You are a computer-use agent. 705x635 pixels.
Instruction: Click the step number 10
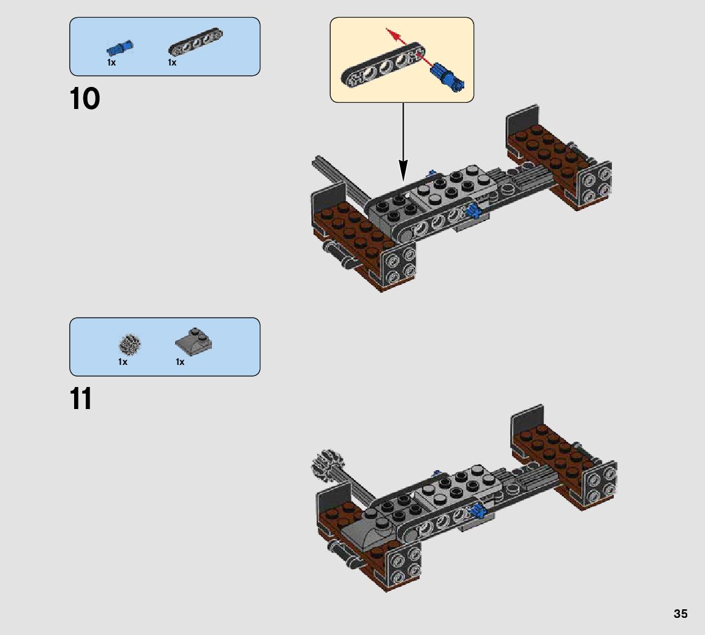pyautogui.click(x=85, y=99)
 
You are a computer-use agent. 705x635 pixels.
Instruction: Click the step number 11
pyautogui.click(x=81, y=399)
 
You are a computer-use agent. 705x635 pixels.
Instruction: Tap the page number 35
pyautogui.click(x=680, y=614)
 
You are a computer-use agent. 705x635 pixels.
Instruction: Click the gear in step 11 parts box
pyautogui.click(x=130, y=345)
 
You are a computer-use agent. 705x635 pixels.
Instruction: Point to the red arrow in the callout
pyautogui.click(x=404, y=43)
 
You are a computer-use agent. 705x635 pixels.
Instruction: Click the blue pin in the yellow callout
pyautogui.click(x=450, y=77)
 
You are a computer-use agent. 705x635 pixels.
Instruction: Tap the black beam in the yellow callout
pyautogui.click(x=380, y=67)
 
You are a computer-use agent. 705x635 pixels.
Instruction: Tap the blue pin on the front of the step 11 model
pyautogui.click(x=477, y=509)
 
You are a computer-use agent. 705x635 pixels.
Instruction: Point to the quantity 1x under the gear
pyautogui.click(x=123, y=362)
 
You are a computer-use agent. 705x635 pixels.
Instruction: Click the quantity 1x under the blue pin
pyautogui.click(x=111, y=62)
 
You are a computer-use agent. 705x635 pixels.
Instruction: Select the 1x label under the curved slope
pyautogui.click(x=180, y=362)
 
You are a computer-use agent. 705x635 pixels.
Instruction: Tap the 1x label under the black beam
pyautogui.click(x=172, y=62)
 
